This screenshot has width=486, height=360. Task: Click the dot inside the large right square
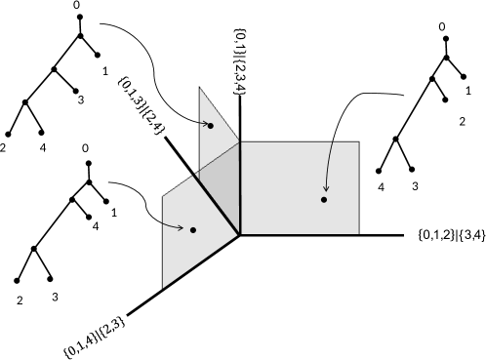[323, 200]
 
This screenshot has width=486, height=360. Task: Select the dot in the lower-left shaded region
[193, 230]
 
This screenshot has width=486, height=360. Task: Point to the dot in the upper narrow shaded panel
[210, 126]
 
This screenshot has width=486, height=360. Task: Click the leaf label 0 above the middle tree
[86, 149]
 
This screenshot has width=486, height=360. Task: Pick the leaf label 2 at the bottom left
[19, 300]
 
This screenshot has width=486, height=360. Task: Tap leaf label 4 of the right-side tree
[382, 186]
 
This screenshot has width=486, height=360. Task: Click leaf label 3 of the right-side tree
[415, 186]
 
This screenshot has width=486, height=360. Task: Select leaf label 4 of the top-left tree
[43, 148]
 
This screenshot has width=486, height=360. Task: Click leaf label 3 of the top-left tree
[80, 100]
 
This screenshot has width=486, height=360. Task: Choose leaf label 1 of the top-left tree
[104, 70]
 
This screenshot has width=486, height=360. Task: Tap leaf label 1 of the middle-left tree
[114, 212]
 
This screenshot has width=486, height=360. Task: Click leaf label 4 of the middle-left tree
[95, 226]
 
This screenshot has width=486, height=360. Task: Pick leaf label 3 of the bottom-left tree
[55, 297]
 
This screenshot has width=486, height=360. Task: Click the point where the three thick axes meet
[239, 234]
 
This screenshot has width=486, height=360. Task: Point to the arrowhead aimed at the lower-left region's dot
[182, 227]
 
